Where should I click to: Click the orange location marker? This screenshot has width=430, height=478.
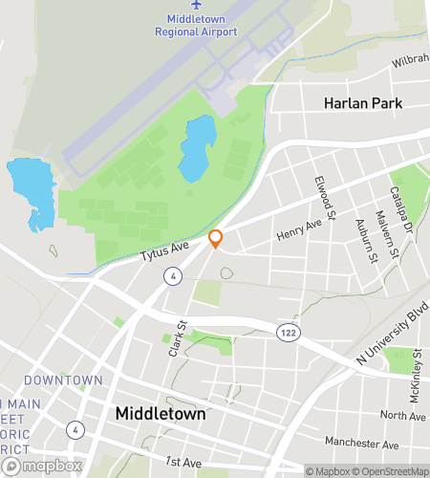[216, 239]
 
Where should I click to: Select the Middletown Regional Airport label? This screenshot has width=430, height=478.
[197, 24]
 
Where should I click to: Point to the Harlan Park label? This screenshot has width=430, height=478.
[362, 103]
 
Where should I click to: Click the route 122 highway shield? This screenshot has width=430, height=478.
[286, 331]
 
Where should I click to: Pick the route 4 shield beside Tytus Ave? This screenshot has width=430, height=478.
[172, 276]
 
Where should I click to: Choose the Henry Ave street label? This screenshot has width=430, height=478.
[299, 228]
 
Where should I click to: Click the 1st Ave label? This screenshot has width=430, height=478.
[183, 463]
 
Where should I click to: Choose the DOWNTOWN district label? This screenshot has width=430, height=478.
[64, 380]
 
